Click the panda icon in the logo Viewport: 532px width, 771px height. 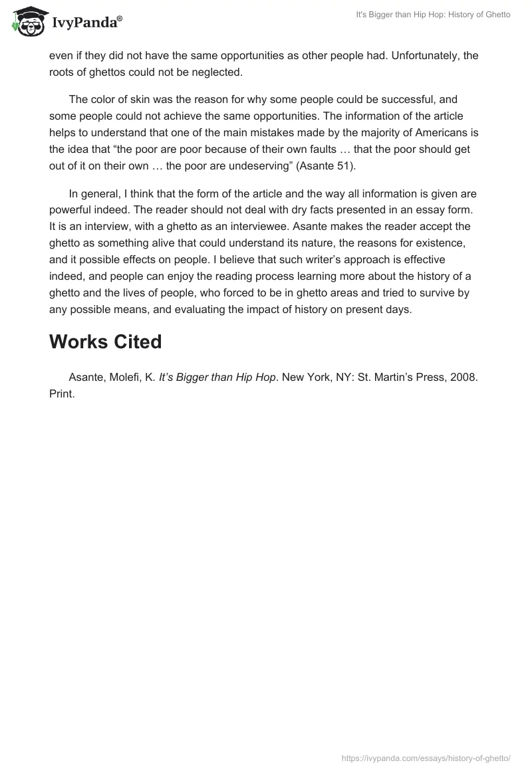[26, 21]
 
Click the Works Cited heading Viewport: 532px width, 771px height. [105, 342]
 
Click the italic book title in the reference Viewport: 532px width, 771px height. [217, 377]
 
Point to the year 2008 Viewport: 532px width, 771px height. [464, 377]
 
